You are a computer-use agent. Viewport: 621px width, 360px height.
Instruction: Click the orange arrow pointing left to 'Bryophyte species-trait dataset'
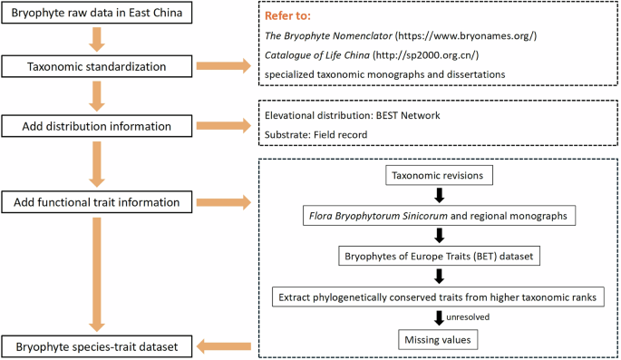224,345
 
